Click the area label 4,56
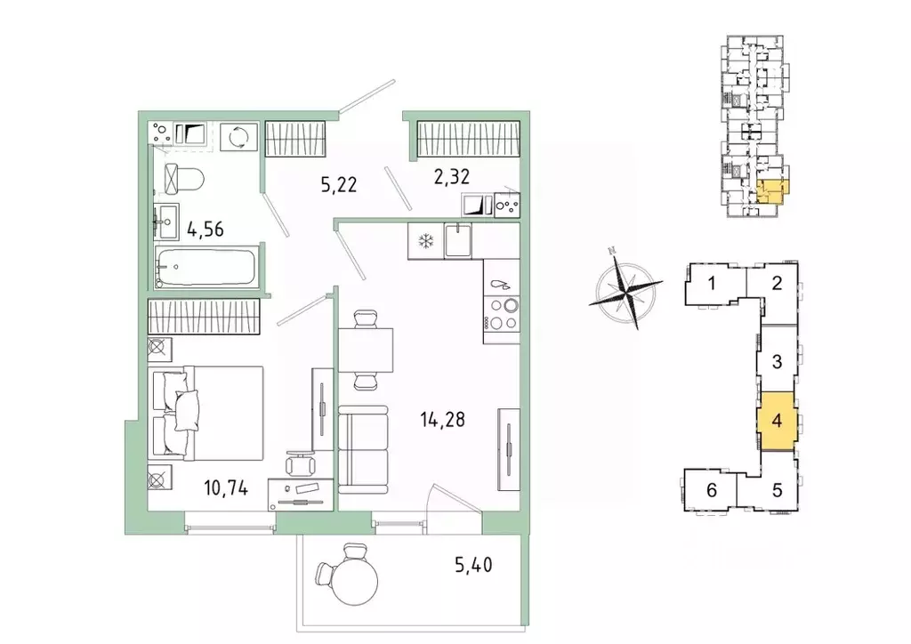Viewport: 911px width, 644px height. tap(206, 229)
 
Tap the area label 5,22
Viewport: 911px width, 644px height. tap(339, 185)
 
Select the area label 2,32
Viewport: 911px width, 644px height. tap(451, 176)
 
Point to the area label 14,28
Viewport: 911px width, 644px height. tap(443, 419)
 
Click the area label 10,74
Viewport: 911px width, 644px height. tap(226, 488)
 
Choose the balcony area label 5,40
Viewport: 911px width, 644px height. tap(473, 564)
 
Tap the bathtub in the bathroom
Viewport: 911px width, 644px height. tap(206, 267)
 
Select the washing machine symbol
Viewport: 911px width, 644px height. tap(238, 137)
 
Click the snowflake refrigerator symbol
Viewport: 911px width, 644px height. tap(426, 241)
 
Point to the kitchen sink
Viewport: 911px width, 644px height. tap(458, 241)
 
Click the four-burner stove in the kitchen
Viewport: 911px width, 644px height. tap(502, 314)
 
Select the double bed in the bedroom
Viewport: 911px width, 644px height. tap(206, 413)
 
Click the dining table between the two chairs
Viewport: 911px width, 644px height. tap(366, 350)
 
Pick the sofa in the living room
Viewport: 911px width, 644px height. tap(363, 449)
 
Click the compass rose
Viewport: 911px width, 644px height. tap(626, 288)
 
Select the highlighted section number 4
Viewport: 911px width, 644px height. tap(777, 421)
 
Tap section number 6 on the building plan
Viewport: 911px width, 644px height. tap(712, 490)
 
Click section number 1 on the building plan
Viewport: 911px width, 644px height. tap(712, 284)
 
